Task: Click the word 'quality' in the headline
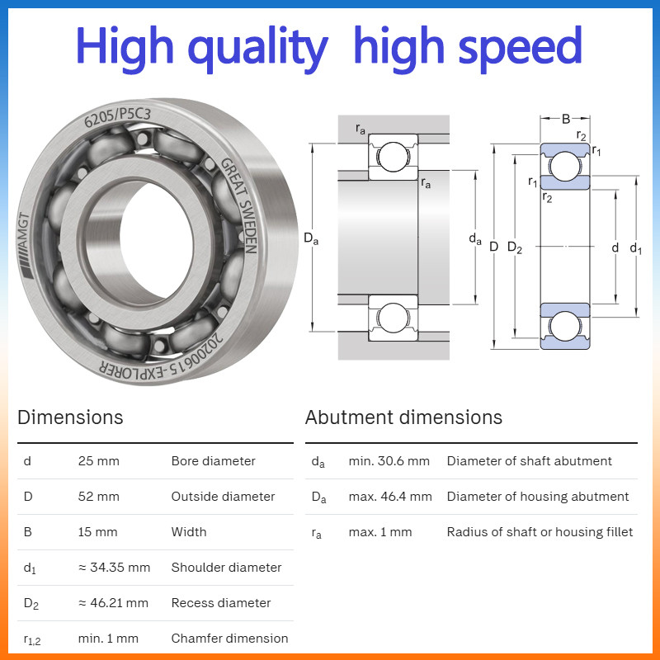(258, 49)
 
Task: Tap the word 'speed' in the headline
(520, 49)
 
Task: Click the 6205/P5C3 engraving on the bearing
(117, 117)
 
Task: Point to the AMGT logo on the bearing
(24, 245)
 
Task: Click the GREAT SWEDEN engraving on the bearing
(239, 205)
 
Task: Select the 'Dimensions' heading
(70, 417)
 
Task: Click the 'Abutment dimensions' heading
(403, 417)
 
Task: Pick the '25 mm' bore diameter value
(98, 461)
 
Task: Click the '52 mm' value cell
(98, 497)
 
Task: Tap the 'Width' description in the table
(189, 531)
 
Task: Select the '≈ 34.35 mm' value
(114, 568)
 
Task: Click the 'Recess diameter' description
(221, 603)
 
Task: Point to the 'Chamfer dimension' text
(229, 638)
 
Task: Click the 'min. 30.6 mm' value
(389, 461)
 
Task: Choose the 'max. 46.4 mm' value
(390, 497)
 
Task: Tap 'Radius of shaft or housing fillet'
(540, 531)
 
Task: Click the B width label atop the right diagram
(566, 119)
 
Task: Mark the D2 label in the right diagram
(515, 247)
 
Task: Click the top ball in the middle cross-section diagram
(394, 157)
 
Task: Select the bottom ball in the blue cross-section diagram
(565, 326)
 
